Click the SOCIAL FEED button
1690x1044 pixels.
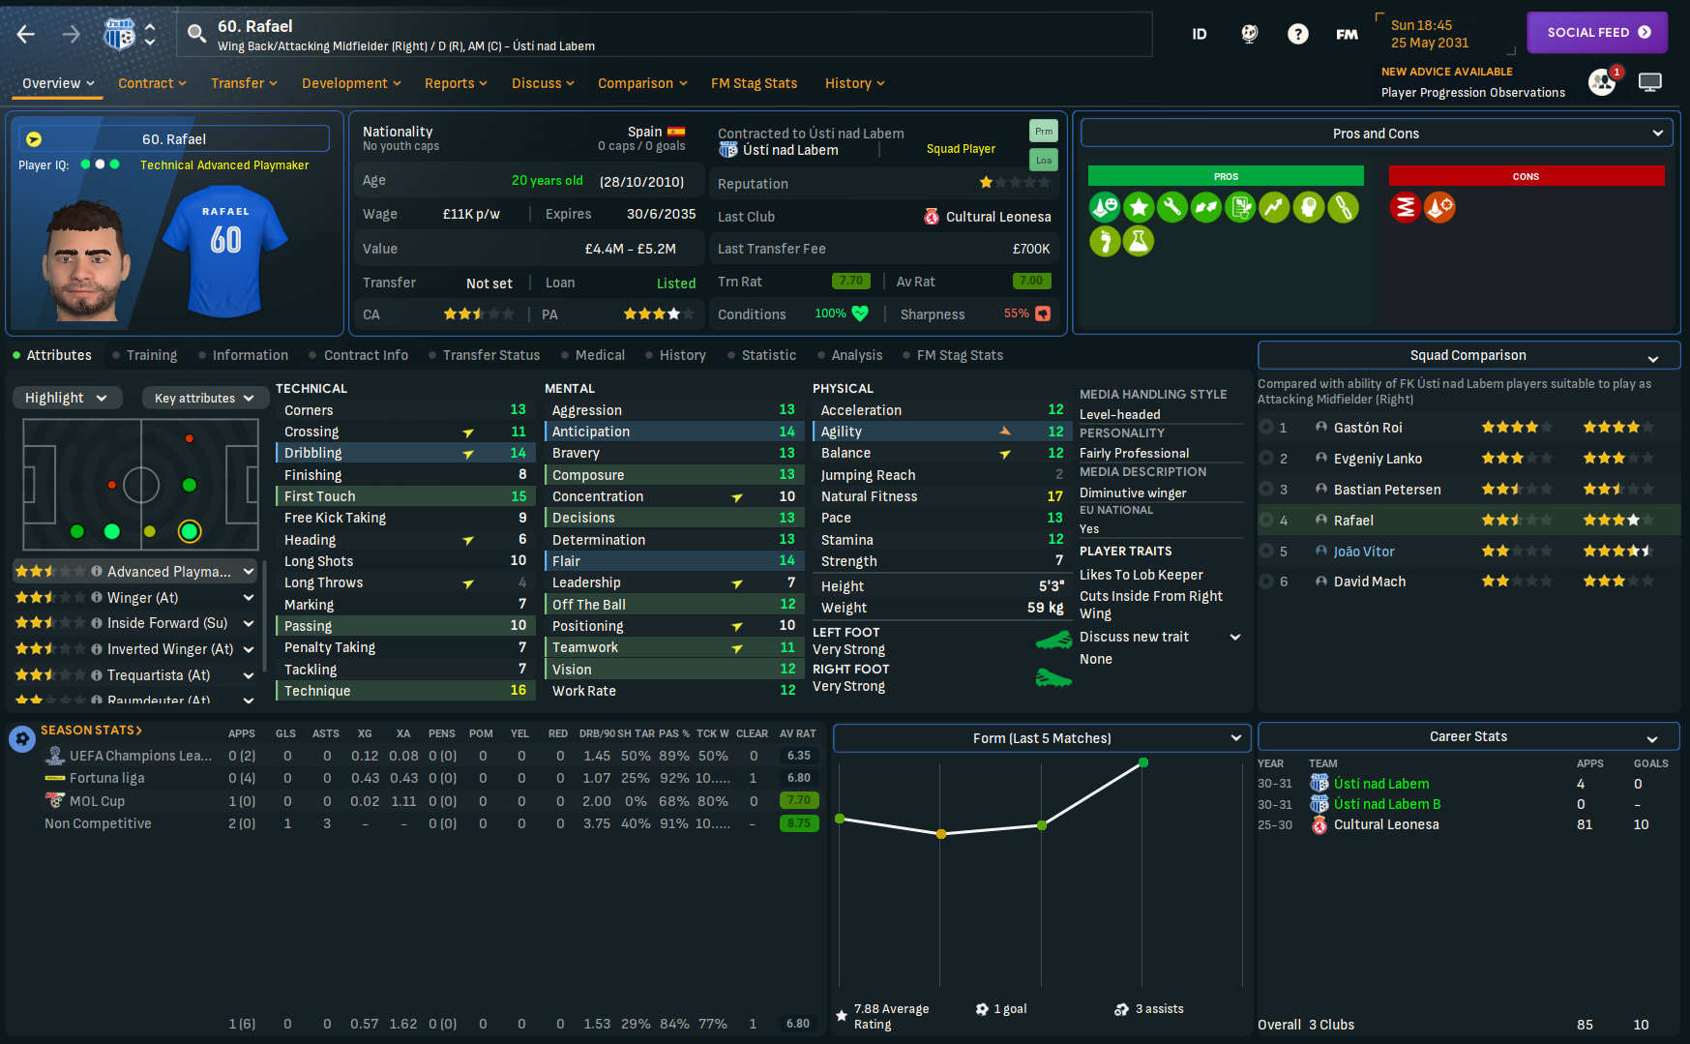(x=1597, y=33)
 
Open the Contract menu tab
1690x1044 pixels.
(x=152, y=83)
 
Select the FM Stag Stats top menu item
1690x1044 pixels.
(x=754, y=83)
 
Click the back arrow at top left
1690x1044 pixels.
(x=26, y=35)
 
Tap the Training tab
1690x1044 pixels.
(x=152, y=355)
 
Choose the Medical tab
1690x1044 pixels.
(x=600, y=355)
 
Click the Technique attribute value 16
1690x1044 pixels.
(x=519, y=691)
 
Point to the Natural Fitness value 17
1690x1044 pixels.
(x=1054, y=496)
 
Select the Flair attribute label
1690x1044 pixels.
(x=566, y=561)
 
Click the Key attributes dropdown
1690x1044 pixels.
(x=203, y=398)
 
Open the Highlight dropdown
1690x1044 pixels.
(x=66, y=398)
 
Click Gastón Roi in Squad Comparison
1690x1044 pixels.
(x=1367, y=428)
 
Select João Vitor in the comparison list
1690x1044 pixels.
(x=1363, y=552)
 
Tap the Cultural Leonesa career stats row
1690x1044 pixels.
(x=1385, y=824)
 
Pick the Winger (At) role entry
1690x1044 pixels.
(x=142, y=598)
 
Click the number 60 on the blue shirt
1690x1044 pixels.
(x=225, y=240)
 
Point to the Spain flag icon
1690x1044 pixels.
(x=675, y=132)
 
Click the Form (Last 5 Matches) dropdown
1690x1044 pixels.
(x=1041, y=738)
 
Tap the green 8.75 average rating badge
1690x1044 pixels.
(x=798, y=823)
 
